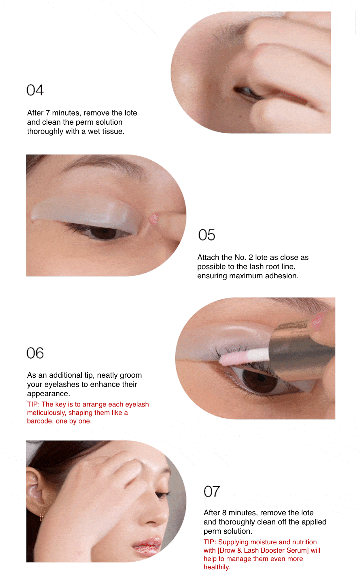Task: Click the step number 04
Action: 35,90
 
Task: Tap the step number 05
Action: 206,235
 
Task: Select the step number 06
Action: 35,353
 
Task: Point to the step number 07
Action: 212,491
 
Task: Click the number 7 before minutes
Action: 48,113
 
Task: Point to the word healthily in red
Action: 216,567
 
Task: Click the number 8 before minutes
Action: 224,513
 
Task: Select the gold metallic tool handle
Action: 300,354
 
